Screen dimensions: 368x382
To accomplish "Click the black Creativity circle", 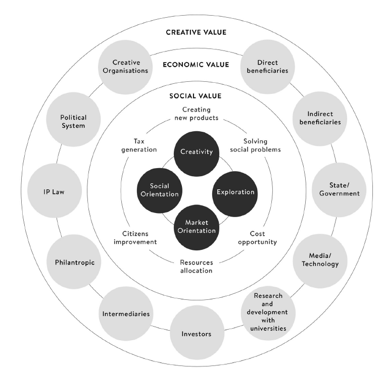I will (x=197, y=152).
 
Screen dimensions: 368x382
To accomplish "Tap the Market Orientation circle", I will (x=197, y=227).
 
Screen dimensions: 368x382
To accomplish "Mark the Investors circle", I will (x=196, y=333).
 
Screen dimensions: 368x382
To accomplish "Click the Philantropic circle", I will (x=74, y=262).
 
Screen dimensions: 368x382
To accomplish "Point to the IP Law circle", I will (x=55, y=191).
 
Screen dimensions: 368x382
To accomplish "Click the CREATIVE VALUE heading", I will (x=196, y=32).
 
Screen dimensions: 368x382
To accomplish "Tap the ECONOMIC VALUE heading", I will (x=196, y=65).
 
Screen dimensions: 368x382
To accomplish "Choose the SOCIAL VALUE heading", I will (x=196, y=96).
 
